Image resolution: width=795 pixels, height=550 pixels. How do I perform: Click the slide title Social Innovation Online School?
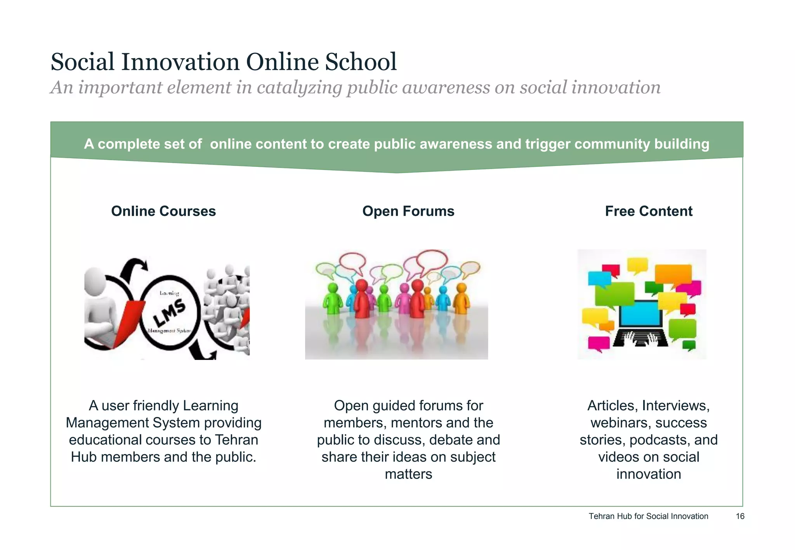(x=224, y=62)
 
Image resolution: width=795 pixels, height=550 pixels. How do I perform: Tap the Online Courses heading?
(x=163, y=211)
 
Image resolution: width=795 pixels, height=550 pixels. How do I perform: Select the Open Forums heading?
(x=408, y=211)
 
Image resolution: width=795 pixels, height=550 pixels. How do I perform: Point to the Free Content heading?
(x=648, y=211)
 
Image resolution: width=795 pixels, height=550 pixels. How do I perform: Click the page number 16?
(x=740, y=516)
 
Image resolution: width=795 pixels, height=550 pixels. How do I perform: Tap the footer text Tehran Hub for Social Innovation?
(x=648, y=516)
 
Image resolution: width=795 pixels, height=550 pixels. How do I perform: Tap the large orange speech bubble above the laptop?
(x=673, y=273)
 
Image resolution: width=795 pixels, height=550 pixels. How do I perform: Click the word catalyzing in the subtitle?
(x=299, y=88)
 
